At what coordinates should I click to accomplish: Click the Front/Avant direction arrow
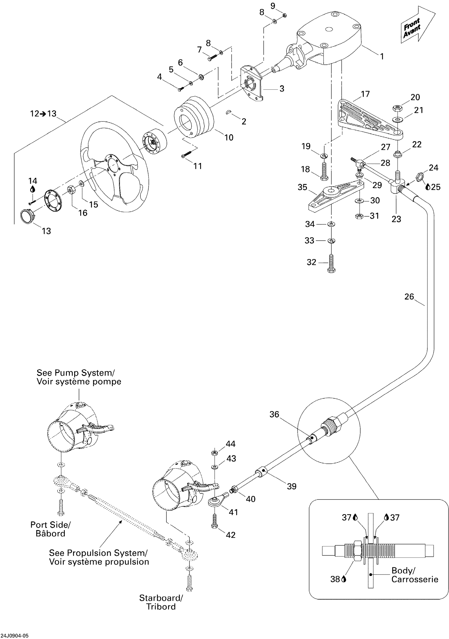[x=417, y=26]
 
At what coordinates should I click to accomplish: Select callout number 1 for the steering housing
[x=382, y=56]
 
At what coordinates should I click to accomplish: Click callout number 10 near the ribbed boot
[x=229, y=137]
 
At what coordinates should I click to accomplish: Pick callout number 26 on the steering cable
[x=409, y=297]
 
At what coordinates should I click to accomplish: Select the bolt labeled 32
[x=331, y=263]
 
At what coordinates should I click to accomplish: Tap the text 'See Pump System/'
[x=76, y=373]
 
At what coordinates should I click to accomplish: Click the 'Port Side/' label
[x=50, y=524]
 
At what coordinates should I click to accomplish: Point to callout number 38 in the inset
[x=335, y=579]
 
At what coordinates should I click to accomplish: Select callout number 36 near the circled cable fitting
[x=274, y=414]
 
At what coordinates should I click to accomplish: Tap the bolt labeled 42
[x=214, y=521]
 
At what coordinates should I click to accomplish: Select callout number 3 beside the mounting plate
[x=282, y=89]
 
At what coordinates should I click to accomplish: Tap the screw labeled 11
[x=187, y=154]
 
